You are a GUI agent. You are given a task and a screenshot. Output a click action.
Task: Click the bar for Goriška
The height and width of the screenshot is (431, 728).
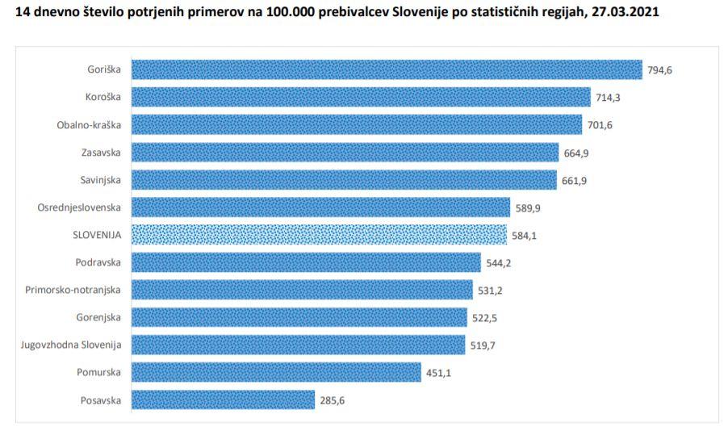[386, 70]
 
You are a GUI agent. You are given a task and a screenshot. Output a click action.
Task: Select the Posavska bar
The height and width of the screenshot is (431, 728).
[223, 400]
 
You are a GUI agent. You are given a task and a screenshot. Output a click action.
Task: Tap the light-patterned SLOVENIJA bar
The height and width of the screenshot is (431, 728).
[320, 235]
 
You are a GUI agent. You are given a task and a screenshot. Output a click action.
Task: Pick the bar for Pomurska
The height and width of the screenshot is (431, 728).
[276, 372]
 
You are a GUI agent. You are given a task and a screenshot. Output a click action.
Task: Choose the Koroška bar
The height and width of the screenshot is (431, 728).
[361, 98]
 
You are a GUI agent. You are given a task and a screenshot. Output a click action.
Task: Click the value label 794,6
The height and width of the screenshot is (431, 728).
[659, 70]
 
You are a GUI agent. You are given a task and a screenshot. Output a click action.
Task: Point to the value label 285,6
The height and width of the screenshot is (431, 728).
[332, 400]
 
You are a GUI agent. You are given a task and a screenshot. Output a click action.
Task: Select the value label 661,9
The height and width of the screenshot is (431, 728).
[574, 180]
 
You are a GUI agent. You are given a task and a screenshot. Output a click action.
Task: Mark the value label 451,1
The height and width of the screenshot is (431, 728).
[439, 372]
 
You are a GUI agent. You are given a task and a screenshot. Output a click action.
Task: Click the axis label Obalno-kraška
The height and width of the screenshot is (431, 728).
[89, 125]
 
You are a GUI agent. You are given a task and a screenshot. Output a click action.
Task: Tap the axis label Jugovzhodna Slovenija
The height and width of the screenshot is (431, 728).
[71, 345]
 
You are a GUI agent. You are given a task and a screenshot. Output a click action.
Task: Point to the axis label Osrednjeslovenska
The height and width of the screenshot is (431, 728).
[79, 207]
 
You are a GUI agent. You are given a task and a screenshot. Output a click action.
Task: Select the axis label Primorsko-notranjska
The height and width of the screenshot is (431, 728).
[73, 290]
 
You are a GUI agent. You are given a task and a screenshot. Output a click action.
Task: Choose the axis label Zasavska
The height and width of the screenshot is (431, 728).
[101, 153]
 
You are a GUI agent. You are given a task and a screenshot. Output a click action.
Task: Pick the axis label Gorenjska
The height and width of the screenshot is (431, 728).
[98, 317]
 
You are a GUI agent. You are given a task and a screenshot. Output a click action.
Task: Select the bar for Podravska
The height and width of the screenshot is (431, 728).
[306, 262]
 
